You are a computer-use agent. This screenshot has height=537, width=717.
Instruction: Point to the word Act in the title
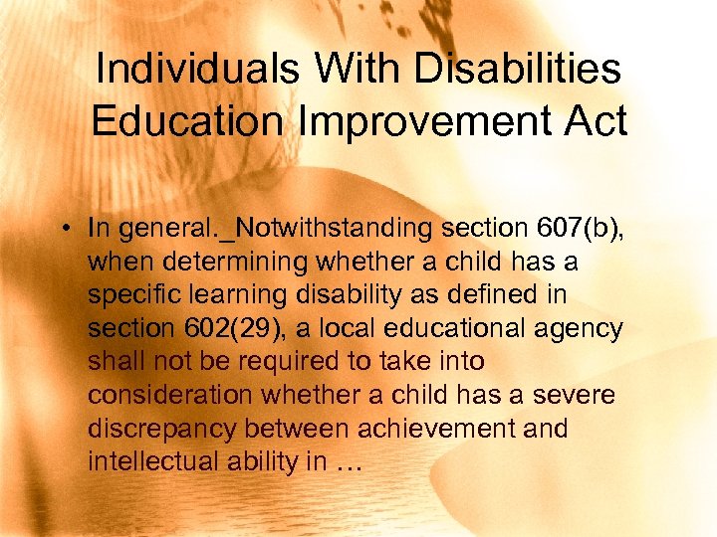click(592, 122)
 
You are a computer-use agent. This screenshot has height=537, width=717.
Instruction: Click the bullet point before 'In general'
click(62, 229)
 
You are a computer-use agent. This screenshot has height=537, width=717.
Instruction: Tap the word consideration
click(170, 396)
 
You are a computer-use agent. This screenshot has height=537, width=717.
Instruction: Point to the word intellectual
click(150, 462)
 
